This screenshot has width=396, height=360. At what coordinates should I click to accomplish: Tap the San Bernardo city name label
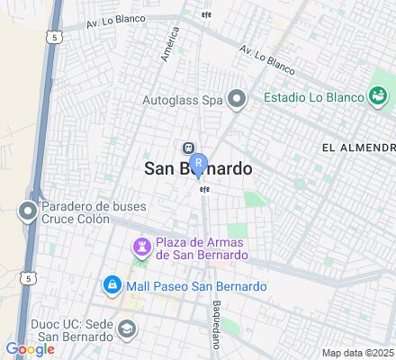click(198, 169)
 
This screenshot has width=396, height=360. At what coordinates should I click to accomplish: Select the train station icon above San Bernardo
click(188, 148)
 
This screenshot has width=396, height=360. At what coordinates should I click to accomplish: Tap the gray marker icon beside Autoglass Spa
click(237, 99)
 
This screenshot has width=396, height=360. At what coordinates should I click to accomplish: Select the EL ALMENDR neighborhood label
click(357, 148)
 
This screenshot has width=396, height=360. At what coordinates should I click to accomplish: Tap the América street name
click(166, 42)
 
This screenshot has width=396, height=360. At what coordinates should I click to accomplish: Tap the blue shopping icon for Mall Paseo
click(112, 286)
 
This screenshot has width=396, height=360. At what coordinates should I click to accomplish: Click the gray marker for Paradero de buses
click(28, 212)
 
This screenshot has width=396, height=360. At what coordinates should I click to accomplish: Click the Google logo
click(29, 349)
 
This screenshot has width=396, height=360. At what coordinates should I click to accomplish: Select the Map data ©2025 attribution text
click(358, 352)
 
